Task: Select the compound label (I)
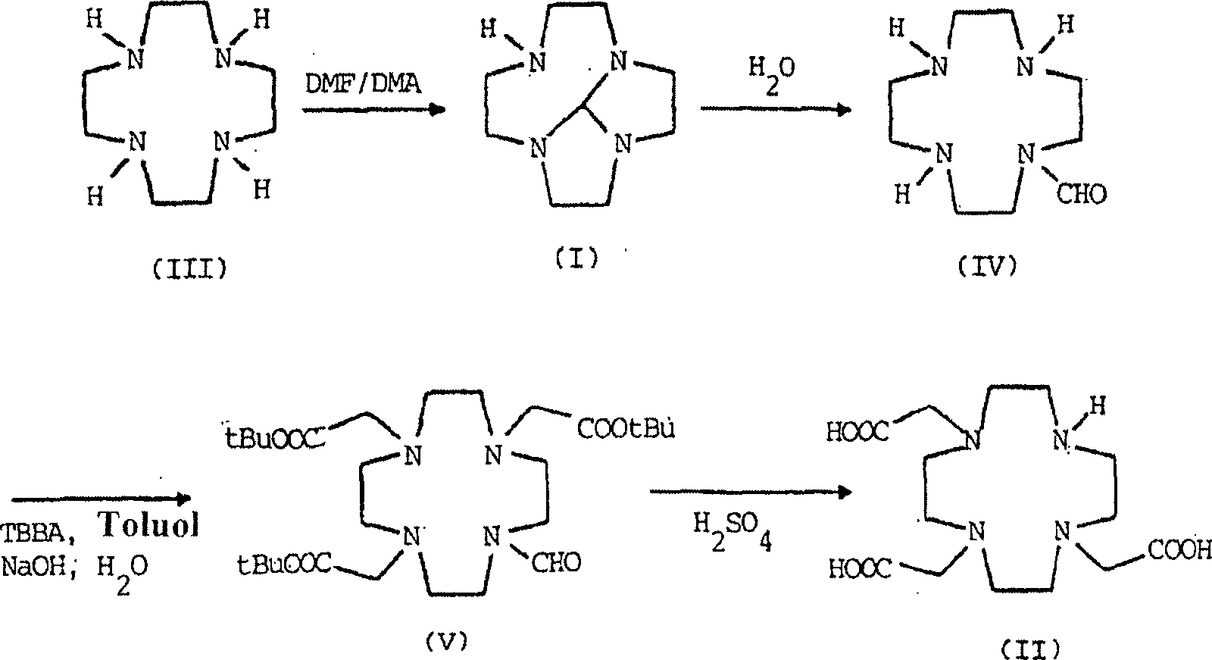pyautogui.click(x=574, y=258)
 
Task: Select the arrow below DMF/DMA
pyautogui.click(x=371, y=111)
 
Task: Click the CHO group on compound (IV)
pyautogui.click(x=1081, y=193)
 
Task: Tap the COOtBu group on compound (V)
pyautogui.click(x=625, y=430)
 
